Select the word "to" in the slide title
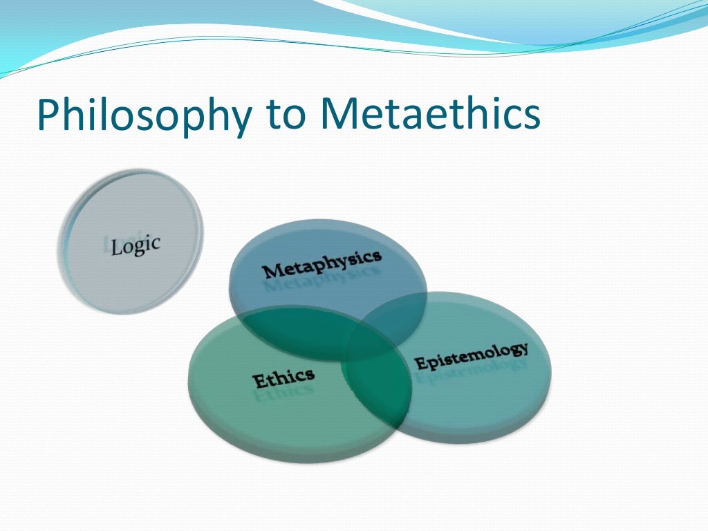[283, 116]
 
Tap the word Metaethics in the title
[429, 115]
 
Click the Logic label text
[135, 245]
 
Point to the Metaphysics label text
[322, 263]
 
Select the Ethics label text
[283, 378]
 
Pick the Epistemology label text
[472, 355]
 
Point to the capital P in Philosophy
[49, 115]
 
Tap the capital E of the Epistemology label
[419, 364]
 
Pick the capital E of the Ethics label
[259, 382]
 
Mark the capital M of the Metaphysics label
[271, 270]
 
